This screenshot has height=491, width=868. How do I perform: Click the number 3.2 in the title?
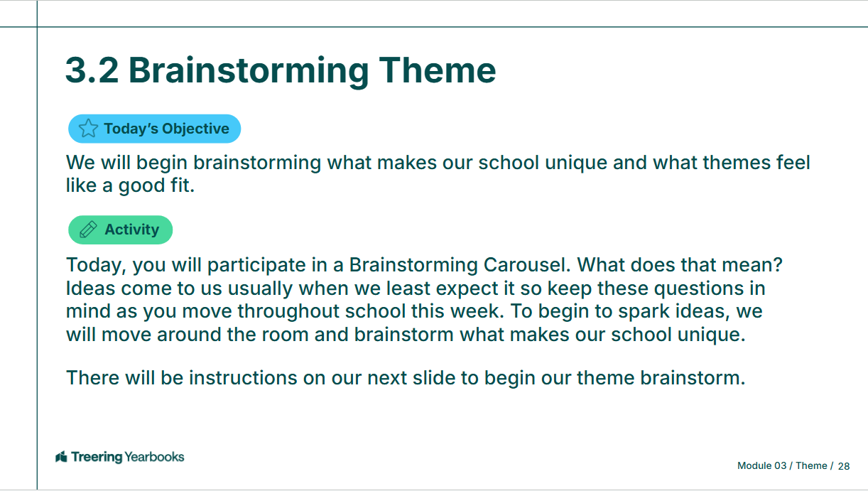pyautogui.click(x=92, y=70)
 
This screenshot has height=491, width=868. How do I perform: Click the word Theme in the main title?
pyautogui.click(x=437, y=70)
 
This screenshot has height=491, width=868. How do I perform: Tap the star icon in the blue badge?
pyautogui.click(x=88, y=129)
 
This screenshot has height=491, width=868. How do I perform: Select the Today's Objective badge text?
pyautogui.click(x=167, y=129)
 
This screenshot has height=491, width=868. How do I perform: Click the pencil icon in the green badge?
pyautogui.click(x=88, y=230)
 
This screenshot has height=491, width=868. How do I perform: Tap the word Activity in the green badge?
pyautogui.click(x=131, y=230)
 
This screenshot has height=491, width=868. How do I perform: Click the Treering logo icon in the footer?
pyautogui.click(x=61, y=457)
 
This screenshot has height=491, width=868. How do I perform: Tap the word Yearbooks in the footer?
pyautogui.click(x=155, y=457)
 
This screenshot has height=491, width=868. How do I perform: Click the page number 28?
pyautogui.click(x=844, y=466)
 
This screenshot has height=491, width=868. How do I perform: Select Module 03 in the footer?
pyautogui.click(x=762, y=466)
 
